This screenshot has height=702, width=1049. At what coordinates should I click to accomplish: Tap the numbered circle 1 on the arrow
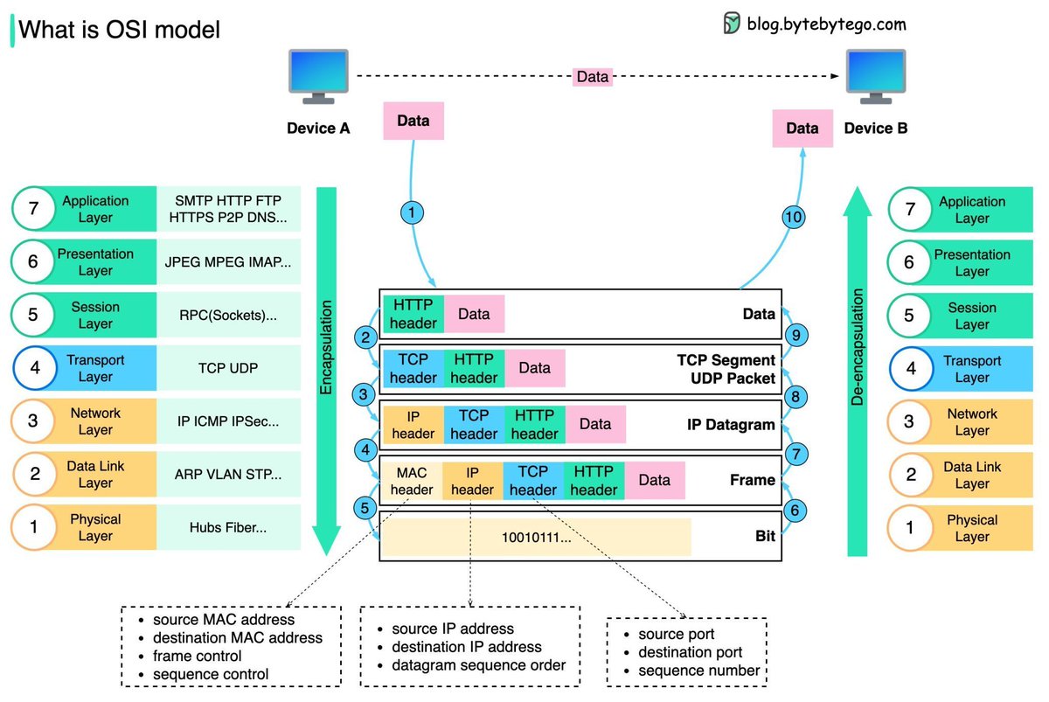[x=412, y=212]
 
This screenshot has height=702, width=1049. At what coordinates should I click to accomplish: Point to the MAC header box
[x=412, y=480]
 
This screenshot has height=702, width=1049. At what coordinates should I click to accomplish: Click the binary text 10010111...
[x=536, y=537]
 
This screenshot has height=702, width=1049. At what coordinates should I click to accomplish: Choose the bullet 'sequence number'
[x=698, y=671]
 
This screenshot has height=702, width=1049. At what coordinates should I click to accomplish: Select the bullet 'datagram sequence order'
[x=478, y=665]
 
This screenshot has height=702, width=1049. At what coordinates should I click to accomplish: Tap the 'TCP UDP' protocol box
[x=228, y=368]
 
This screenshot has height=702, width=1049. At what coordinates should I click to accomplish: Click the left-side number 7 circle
[x=33, y=209]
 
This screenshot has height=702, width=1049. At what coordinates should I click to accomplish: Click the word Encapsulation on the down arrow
[x=326, y=348]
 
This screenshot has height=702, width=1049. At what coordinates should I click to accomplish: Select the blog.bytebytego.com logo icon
[x=732, y=24]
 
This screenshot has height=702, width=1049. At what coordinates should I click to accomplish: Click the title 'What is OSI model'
[x=119, y=30]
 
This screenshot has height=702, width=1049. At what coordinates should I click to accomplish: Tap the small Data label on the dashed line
[x=592, y=77]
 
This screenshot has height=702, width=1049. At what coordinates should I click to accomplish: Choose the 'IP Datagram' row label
[x=730, y=425]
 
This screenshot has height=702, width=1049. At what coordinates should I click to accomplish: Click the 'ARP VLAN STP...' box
[x=228, y=475]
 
